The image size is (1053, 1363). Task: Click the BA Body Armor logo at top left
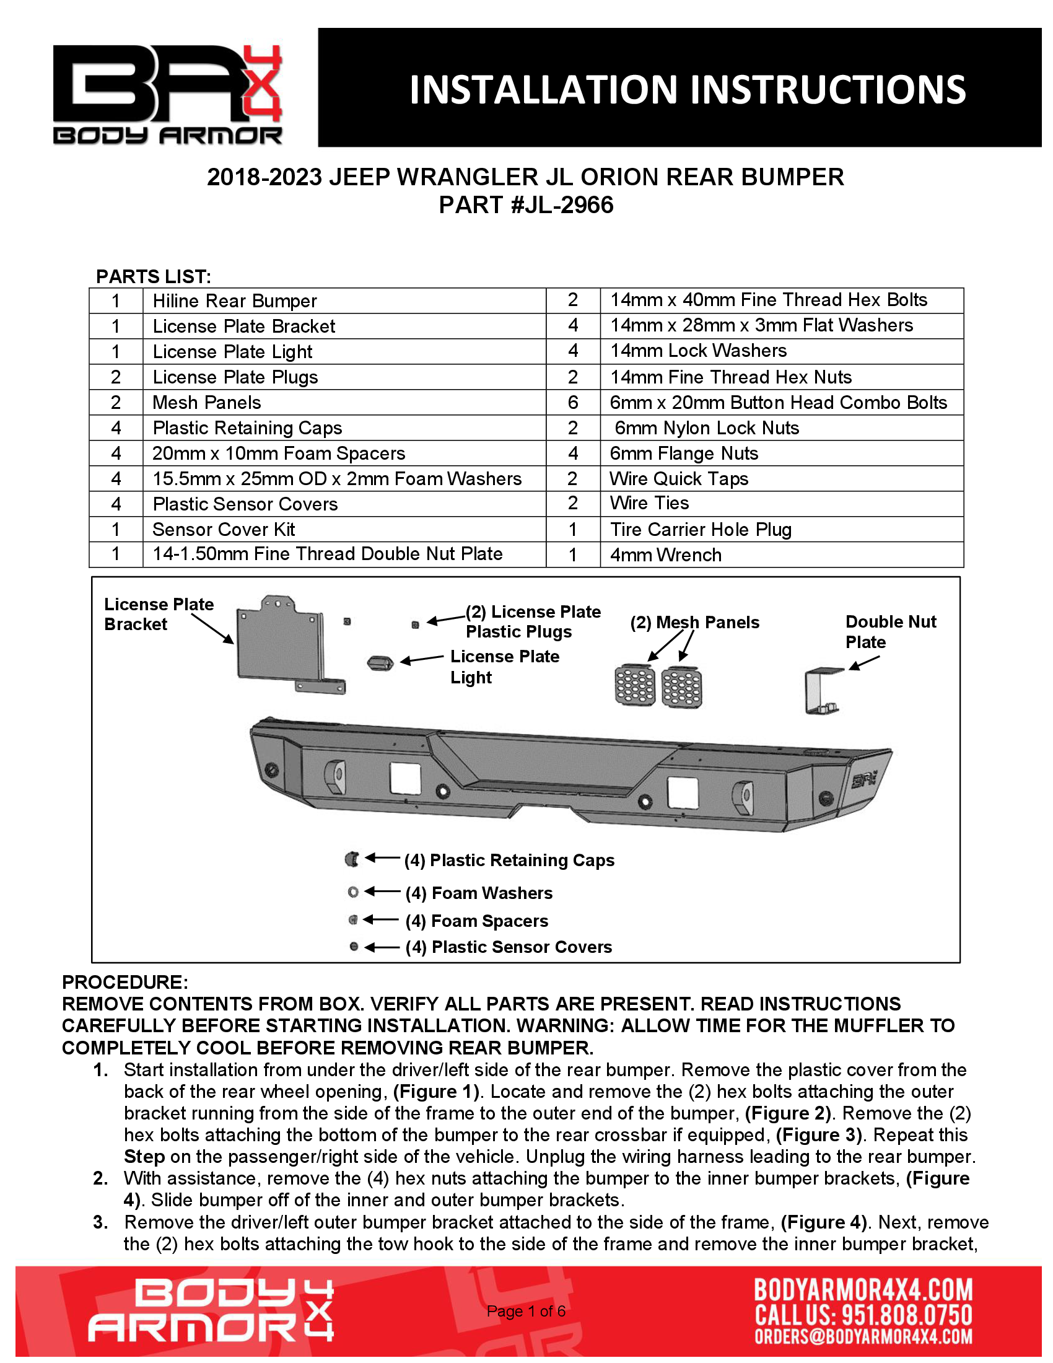click(167, 94)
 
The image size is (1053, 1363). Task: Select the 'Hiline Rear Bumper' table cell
click(235, 301)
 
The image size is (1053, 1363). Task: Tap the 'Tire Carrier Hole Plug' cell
click(701, 529)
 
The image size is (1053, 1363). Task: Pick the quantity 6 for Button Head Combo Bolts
click(573, 403)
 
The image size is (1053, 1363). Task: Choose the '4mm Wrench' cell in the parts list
click(666, 555)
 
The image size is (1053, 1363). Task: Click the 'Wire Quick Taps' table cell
click(679, 479)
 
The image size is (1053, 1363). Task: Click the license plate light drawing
click(380, 663)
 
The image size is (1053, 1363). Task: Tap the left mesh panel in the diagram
click(635, 685)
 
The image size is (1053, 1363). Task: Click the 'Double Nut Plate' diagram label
click(890, 631)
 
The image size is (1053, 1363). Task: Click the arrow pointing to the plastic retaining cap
click(382, 858)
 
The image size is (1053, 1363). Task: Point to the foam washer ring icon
click(353, 892)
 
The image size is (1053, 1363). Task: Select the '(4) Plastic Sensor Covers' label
click(509, 947)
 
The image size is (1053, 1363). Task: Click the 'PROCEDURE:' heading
click(125, 982)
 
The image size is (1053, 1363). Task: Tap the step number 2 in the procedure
click(100, 1178)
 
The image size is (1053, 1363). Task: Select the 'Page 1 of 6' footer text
click(526, 1311)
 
